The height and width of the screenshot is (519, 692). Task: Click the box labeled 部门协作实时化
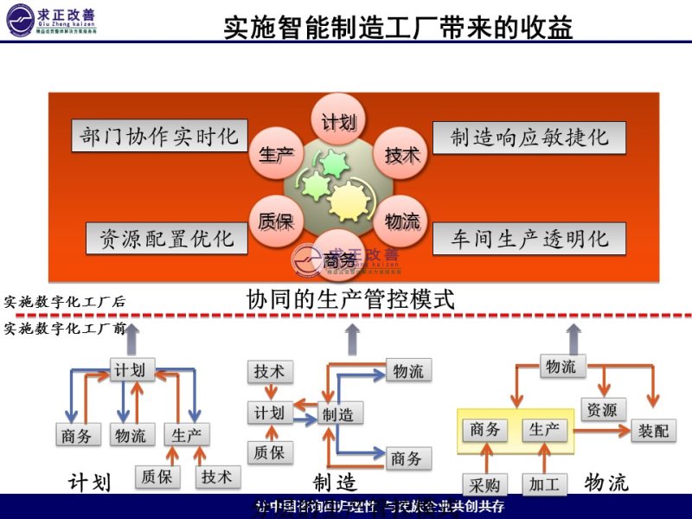pyautogui.click(x=159, y=137)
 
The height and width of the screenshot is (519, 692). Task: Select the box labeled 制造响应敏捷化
pyautogui.click(x=529, y=138)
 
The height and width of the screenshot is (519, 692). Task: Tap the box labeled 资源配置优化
pyautogui.click(x=167, y=238)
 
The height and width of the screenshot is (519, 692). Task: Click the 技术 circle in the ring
pyautogui.click(x=401, y=155)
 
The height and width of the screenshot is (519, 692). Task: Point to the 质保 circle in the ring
pyautogui.click(x=276, y=221)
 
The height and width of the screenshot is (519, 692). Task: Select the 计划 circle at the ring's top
pyautogui.click(x=338, y=122)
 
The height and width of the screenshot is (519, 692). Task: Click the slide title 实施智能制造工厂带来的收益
pyautogui.click(x=398, y=28)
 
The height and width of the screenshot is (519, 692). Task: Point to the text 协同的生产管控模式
pyautogui.click(x=350, y=301)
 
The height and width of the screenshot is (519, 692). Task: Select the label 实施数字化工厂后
pyautogui.click(x=65, y=302)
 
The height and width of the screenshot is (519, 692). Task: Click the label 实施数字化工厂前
pyautogui.click(x=65, y=329)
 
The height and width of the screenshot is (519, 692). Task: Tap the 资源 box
pyautogui.click(x=601, y=409)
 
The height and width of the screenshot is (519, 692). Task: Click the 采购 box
pyautogui.click(x=484, y=484)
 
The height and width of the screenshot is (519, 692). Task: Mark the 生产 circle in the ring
pyautogui.click(x=276, y=155)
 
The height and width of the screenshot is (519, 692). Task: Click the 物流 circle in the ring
pyautogui.click(x=401, y=221)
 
